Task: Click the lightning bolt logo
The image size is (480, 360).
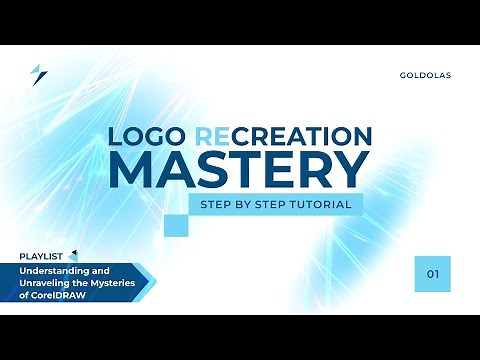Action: click(39, 75)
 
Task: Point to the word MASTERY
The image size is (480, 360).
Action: click(238, 170)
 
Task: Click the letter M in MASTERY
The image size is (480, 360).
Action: click(131, 170)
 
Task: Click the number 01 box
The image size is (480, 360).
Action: click(432, 273)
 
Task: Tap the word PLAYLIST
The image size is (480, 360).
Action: click(42, 256)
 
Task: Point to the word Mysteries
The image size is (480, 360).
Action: click(119, 284)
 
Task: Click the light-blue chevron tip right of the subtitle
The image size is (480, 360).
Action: click(151, 284)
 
